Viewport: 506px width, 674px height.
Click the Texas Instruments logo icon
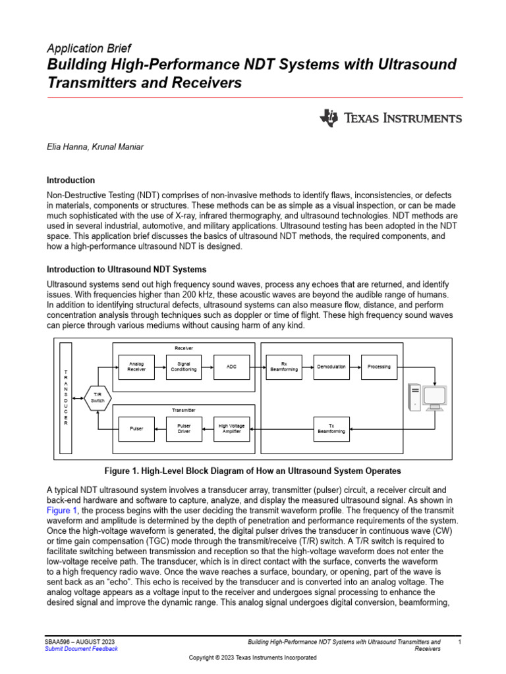click(x=329, y=118)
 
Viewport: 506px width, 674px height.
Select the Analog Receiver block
click(x=136, y=367)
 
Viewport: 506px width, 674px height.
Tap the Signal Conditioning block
click(x=184, y=367)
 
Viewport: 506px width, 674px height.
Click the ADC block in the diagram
click(x=232, y=367)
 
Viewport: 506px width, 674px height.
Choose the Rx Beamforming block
click(x=284, y=367)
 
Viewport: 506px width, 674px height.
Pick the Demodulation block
click(x=331, y=367)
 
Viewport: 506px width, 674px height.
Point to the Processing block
click(x=379, y=367)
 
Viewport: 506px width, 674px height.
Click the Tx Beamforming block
click(x=331, y=428)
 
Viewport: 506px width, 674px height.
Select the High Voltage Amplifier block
click(x=232, y=428)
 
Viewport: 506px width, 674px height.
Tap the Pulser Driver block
click(x=184, y=428)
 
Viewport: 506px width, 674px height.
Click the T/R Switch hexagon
click(x=98, y=398)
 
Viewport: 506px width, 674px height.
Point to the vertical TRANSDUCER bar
click(x=65, y=398)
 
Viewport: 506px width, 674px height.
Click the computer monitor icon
click(x=435, y=397)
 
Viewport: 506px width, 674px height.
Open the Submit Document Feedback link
click(x=81, y=649)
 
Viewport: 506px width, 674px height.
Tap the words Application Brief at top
click(x=89, y=49)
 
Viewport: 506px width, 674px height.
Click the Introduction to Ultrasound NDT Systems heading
click(x=126, y=270)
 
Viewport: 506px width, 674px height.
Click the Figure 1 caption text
click(x=253, y=471)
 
